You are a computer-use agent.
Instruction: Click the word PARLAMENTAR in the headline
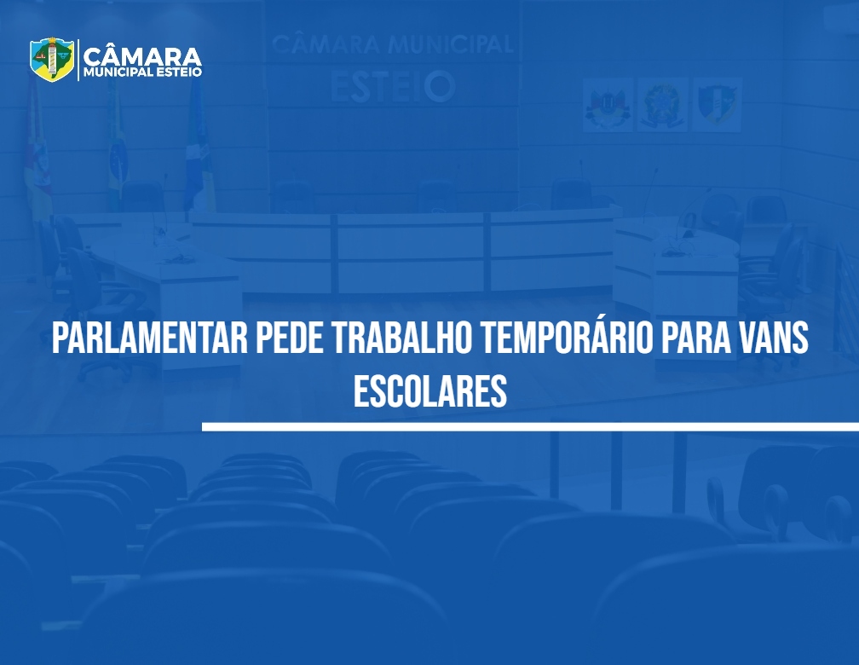[150, 338]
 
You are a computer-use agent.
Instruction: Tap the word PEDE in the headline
[289, 338]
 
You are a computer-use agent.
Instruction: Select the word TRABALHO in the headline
[401, 338]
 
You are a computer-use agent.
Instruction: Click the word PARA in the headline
[695, 338]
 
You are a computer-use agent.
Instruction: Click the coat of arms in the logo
[52, 59]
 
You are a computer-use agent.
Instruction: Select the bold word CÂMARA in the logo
[142, 56]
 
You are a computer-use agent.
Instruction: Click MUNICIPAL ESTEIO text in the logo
[142, 72]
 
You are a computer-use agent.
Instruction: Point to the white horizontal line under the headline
[530, 426]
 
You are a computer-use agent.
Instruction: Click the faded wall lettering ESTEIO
[393, 86]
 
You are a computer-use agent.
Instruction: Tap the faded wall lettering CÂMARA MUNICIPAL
[393, 44]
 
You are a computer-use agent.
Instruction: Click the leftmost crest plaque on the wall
[608, 105]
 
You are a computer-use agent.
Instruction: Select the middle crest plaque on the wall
[662, 105]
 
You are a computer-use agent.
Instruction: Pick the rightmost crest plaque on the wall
[718, 105]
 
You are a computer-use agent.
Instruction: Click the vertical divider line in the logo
[78, 60]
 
